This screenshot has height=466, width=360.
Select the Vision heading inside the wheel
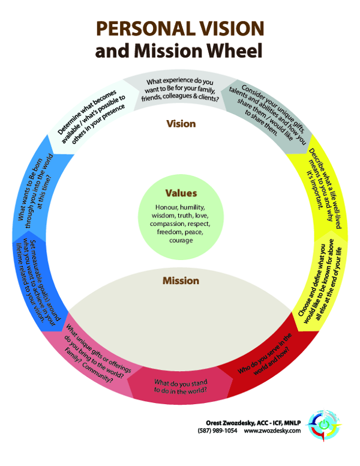coord(181,124)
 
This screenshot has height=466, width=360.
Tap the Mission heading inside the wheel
coord(181,280)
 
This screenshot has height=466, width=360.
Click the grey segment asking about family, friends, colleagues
coord(179,90)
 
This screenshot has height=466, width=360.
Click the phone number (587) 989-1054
coord(217,431)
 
